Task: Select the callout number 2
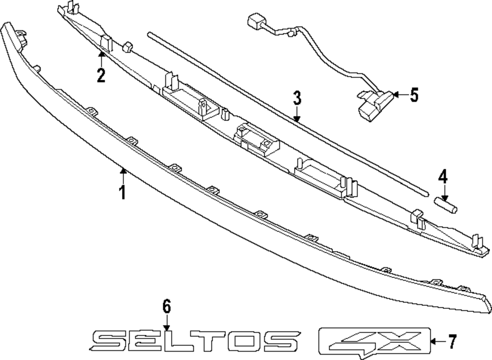click(x=101, y=76)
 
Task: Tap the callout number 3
click(x=297, y=98)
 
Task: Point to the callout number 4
click(x=443, y=176)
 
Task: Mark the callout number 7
click(x=452, y=341)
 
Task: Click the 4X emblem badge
click(x=374, y=341)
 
